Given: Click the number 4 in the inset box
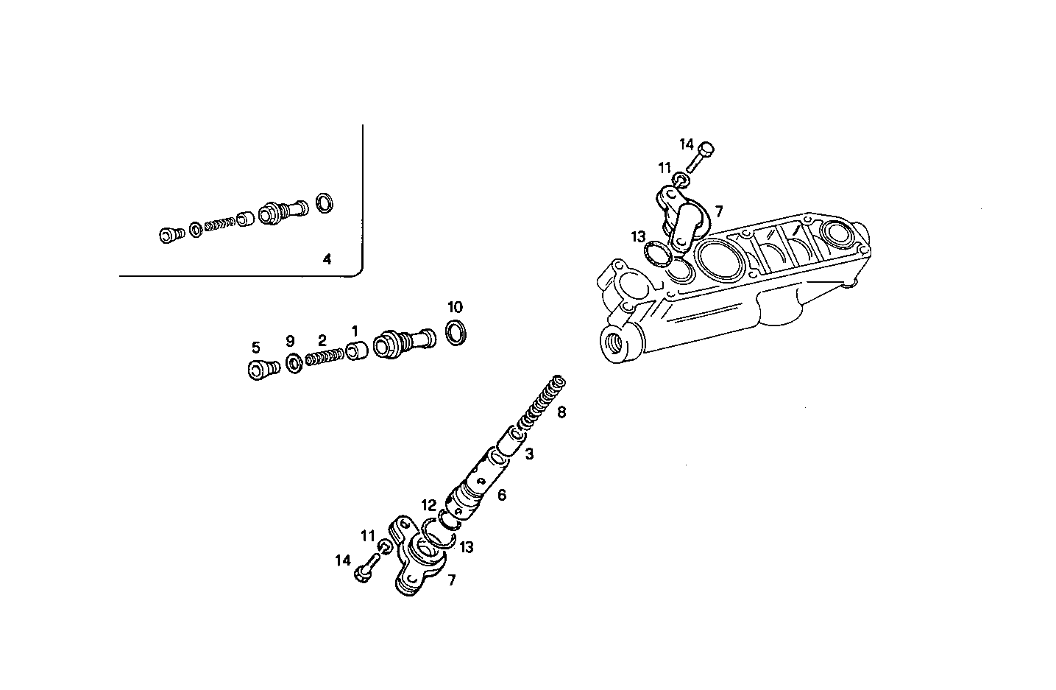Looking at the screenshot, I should (327, 259).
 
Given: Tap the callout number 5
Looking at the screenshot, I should (256, 346).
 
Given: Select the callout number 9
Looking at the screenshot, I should (290, 341).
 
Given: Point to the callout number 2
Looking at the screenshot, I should (322, 340).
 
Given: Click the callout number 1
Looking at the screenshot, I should (354, 330).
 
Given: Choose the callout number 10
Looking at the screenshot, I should (456, 307).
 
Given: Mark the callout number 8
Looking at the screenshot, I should (561, 412).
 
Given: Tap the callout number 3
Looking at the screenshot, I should (529, 455).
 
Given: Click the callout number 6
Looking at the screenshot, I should (502, 495).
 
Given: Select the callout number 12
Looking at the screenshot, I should (429, 505).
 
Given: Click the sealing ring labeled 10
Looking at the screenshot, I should (456, 332).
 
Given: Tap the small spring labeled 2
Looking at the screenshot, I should (324, 359).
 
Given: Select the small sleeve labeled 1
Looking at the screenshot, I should (357, 351).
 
